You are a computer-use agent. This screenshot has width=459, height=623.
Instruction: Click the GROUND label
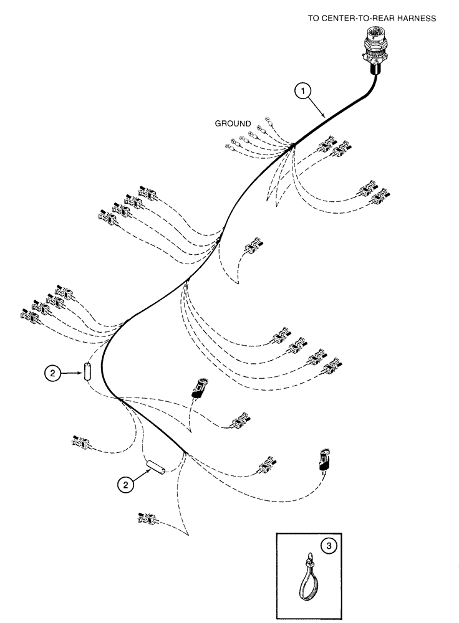point(233,123)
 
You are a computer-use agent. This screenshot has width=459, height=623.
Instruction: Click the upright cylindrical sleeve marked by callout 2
point(88,373)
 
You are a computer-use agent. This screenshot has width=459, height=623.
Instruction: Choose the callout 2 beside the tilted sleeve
point(127,484)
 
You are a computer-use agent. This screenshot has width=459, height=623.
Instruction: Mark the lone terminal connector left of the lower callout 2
point(82,442)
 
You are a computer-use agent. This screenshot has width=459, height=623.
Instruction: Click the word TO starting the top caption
point(314,19)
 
